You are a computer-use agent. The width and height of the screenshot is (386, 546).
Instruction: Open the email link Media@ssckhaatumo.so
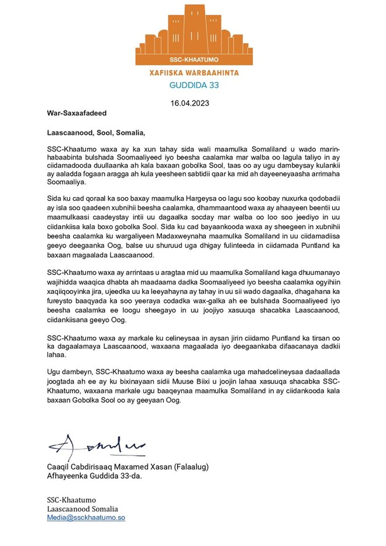tap(86, 518)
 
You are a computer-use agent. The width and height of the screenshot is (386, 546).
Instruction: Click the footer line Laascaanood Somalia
tap(82, 509)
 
